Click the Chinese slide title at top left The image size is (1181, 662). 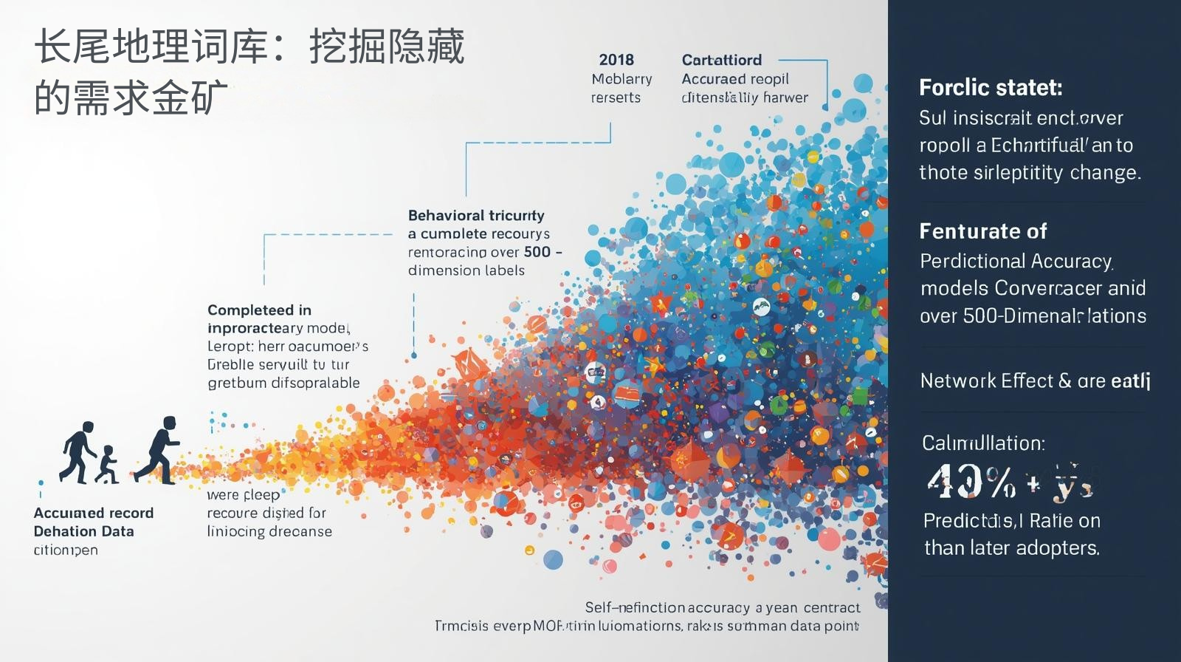(249, 72)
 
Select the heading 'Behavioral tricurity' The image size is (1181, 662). (476, 216)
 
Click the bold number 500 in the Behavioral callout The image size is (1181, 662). (537, 252)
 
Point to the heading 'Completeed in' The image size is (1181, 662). (259, 310)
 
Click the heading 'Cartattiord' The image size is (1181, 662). (721, 60)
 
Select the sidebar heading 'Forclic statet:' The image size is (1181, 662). (991, 88)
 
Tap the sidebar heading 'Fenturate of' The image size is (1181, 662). (983, 231)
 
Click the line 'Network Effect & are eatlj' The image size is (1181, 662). (1035, 381)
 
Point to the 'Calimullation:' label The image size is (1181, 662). (983, 443)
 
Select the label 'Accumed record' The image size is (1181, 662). (94, 513)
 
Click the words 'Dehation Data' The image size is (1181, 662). (83, 531)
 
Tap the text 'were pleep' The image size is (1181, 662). (243, 495)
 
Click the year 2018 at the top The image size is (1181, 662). (616, 60)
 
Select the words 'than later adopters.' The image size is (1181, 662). (1012, 548)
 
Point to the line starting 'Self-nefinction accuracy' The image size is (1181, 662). (722, 607)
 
